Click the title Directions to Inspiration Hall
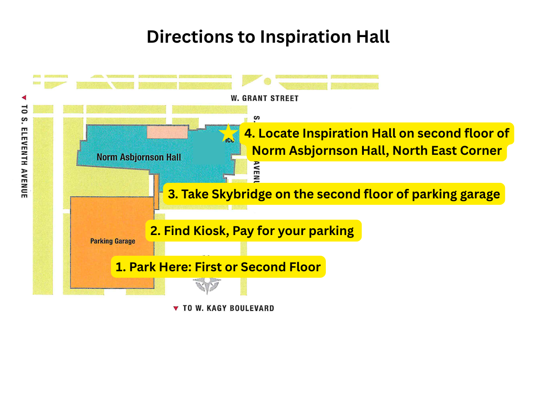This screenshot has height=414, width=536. [x=268, y=37]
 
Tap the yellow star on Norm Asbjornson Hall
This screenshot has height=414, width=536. [x=228, y=133]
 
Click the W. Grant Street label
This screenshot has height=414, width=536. [x=265, y=98]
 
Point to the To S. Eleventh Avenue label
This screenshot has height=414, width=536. [x=24, y=151]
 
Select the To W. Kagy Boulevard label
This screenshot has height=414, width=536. [x=228, y=308]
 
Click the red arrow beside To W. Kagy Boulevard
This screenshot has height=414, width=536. [x=176, y=308]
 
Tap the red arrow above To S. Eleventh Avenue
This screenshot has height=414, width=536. [x=24, y=97]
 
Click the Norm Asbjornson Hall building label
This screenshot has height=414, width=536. [x=139, y=157]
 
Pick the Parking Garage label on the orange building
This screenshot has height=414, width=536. [x=113, y=241]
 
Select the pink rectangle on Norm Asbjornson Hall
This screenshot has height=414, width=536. [x=167, y=132]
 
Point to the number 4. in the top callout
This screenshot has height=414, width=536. [x=249, y=133]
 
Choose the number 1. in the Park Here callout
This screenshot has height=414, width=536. [x=120, y=267]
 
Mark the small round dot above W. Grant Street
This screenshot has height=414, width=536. [x=267, y=81]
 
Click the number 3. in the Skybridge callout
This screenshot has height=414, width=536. [x=173, y=194]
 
